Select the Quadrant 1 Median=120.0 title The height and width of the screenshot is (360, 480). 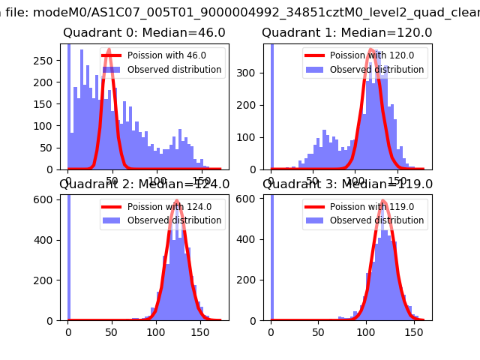pos(346,33)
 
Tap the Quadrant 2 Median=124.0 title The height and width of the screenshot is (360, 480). pos(145,184)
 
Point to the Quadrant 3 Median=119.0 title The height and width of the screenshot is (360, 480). pos(346,184)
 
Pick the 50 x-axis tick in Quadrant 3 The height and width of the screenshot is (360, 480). pos(319,330)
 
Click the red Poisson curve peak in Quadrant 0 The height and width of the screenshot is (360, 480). pos(109,50)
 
